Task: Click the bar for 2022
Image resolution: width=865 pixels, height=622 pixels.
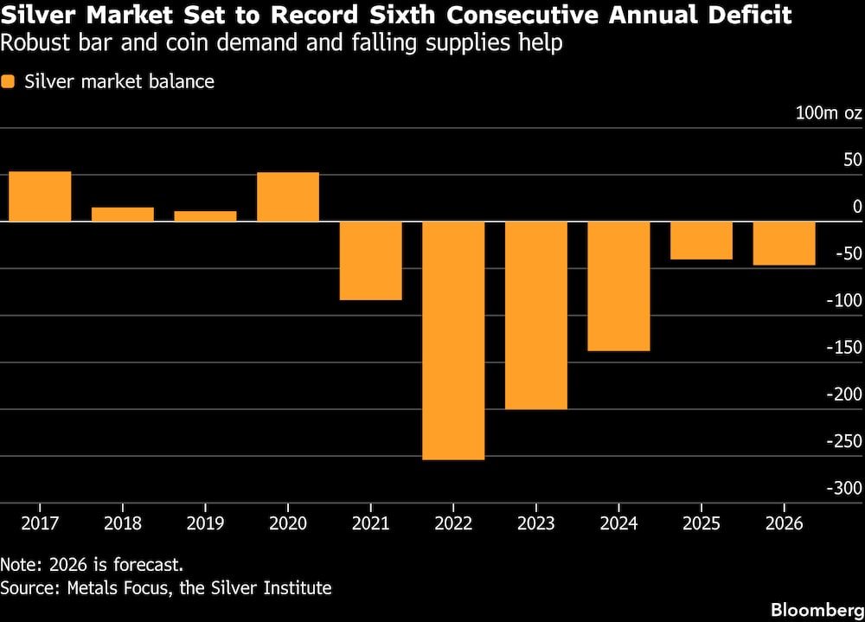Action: (x=453, y=340)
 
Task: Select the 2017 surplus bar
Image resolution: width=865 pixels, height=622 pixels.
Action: (x=40, y=196)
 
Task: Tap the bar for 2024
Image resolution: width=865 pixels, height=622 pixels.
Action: (x=618, y=286)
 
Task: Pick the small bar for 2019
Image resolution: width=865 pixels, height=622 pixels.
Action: (x=205, y=216)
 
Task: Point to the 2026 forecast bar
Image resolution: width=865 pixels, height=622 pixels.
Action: (x=785, y=243)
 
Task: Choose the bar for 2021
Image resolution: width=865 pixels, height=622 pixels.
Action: (x=370, y=260)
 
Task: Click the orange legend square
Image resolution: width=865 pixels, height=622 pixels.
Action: (x=9, y=82)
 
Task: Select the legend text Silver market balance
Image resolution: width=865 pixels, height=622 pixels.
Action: (x=119, y=82)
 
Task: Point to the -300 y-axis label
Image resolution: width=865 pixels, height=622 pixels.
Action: (x=843, y=489)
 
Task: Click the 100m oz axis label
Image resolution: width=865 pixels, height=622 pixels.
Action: (x=829, y=113)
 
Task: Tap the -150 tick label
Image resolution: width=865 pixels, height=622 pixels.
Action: (x=843, y=348)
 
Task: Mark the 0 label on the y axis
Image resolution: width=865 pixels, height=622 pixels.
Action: (x=857, y=207)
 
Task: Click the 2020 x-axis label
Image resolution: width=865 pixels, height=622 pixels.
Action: (x=288, y=524)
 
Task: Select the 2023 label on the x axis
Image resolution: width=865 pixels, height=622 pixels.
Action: (x=535, y=524)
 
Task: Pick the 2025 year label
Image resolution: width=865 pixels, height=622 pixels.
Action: (x=701, y=524)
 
